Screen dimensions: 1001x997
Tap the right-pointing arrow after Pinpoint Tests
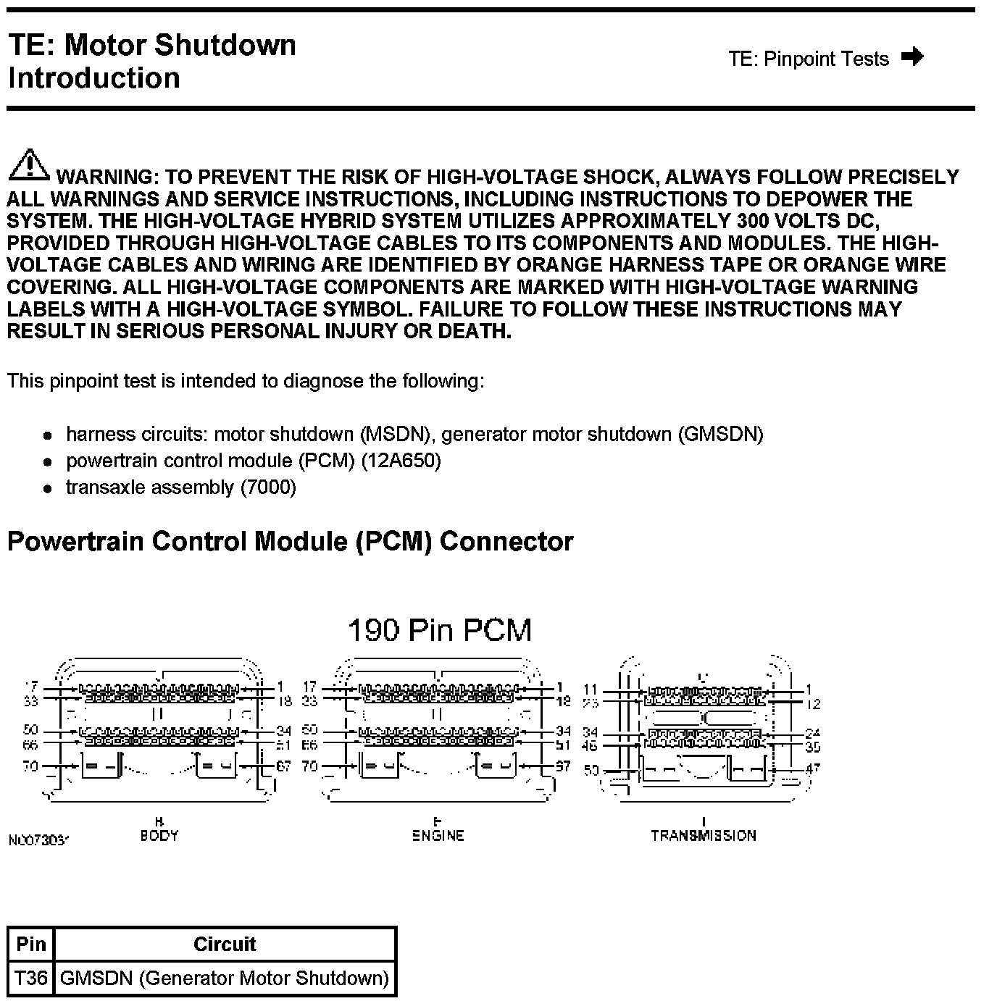coord(912,56)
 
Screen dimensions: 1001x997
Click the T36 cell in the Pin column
coord(30,979)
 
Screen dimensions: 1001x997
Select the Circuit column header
coord(225,944)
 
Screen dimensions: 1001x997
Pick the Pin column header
coord(30,944)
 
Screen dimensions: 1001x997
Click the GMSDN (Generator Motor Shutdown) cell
coord(225,979)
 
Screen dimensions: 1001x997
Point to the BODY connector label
coord(159,835)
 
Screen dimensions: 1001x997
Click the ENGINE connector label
coord(438,835)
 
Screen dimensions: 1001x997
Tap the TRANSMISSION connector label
coord(703,835)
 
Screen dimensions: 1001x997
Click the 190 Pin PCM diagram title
coord(440,630)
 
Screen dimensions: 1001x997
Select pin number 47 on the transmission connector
coord(812,767)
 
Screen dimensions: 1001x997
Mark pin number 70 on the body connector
coord(30,765)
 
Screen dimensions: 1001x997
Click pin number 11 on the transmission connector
coord(591,690)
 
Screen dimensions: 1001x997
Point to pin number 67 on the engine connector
coord(563,765)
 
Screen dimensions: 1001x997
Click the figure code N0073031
coord(38,840)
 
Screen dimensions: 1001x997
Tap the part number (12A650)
coord(401,461)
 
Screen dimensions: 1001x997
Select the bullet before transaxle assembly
coord(48,489)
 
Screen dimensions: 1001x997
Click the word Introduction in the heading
coord(94,78)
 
